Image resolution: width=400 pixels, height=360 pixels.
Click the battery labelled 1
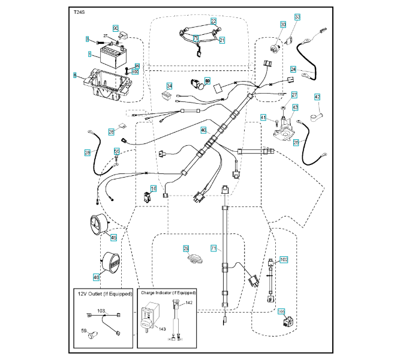coord(112,59)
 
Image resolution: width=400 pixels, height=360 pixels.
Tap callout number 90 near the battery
coord(116,28)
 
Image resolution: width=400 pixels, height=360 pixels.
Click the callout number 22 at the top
coord(213,20)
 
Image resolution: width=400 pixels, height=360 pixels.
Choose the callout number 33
coord(297,17)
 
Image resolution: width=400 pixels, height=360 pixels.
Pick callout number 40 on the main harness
coord(203,130)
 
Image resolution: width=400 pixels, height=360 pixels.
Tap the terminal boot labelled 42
coord(315,112)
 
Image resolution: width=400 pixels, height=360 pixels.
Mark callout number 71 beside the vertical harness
coord(213,247)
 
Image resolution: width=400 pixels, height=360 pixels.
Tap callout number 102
coord(284,260)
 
